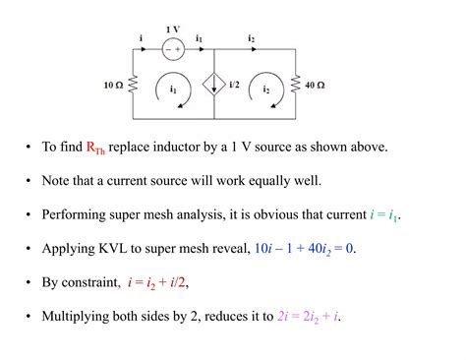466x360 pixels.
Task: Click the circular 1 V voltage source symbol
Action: click(173, 47)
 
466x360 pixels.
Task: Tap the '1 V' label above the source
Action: click(173, 30)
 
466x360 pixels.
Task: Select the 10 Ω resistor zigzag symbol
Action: click(134, 86)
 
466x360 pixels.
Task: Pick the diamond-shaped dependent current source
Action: click(215, 86)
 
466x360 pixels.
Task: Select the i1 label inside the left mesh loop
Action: click(173, 90)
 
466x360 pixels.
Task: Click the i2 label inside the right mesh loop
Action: click(264, 90)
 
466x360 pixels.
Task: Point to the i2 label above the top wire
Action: click(252, 38)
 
